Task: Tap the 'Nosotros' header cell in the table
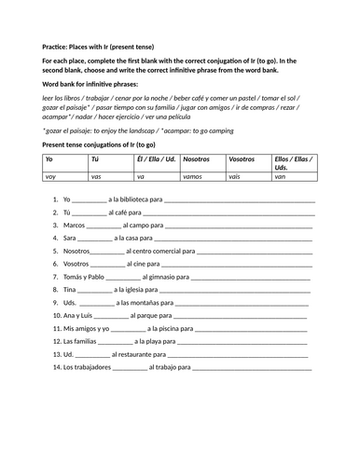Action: tap(197, 159)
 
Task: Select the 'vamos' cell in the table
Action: tap(194, 174)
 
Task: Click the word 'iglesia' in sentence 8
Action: tap(131, 290)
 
